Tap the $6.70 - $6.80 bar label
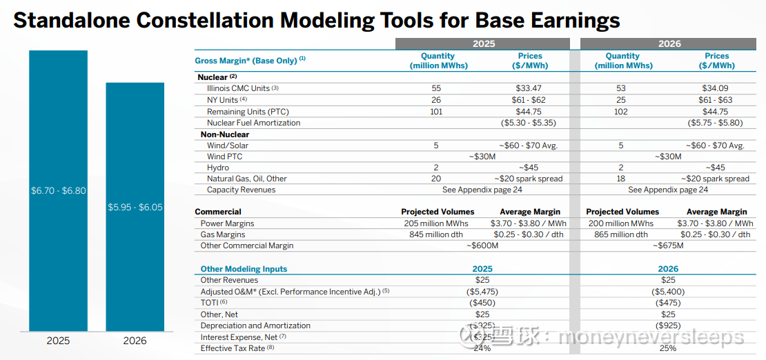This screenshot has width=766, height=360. pos(59,190)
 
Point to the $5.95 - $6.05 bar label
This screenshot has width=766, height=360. pos(135,206)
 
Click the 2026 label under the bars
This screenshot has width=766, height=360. pos(135,341)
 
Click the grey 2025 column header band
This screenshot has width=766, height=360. pos(483,43)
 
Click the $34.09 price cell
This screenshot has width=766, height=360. pos(717,88)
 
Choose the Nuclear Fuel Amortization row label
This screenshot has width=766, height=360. pos(253,123)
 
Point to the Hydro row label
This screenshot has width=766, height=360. pos(217,168)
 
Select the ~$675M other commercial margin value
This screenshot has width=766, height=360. pos(669,246)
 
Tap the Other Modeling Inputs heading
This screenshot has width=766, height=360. pos(244,269)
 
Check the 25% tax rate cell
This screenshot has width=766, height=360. pos(668,348)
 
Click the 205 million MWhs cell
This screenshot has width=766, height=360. pos(436,223)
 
